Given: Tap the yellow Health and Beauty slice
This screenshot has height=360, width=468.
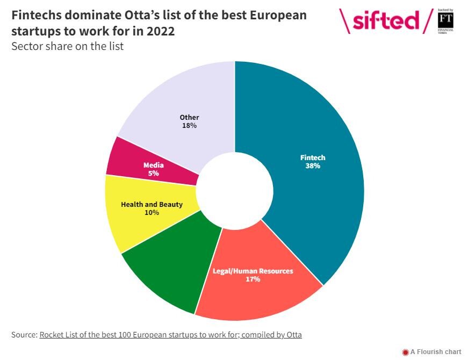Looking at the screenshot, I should click(x=129, y=226).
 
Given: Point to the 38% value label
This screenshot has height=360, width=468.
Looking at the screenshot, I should click(x=313, y=166).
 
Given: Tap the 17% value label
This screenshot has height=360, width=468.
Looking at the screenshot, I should click(x=253, y=279).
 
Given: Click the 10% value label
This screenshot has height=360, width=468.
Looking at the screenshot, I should click(x=152, y=213).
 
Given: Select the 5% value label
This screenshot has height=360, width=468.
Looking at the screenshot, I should click(x=153, y=174).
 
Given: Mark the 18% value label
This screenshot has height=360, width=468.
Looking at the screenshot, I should click(x=189, y=126).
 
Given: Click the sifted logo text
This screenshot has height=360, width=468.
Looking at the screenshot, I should click(x=386, y=20).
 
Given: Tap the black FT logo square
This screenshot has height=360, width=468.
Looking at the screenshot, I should click(x=445, y=21).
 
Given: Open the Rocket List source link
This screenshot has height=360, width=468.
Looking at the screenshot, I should click(x=170, y=335).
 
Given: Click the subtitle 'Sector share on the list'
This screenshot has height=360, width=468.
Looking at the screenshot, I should click(x=68, y=46).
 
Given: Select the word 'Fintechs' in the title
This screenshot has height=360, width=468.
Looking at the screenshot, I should click(x=39, y=15).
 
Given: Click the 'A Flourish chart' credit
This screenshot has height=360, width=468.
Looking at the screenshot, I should click(x=436, y=352).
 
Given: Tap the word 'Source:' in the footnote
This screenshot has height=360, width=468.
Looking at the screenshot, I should click(x=24, y=335).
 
